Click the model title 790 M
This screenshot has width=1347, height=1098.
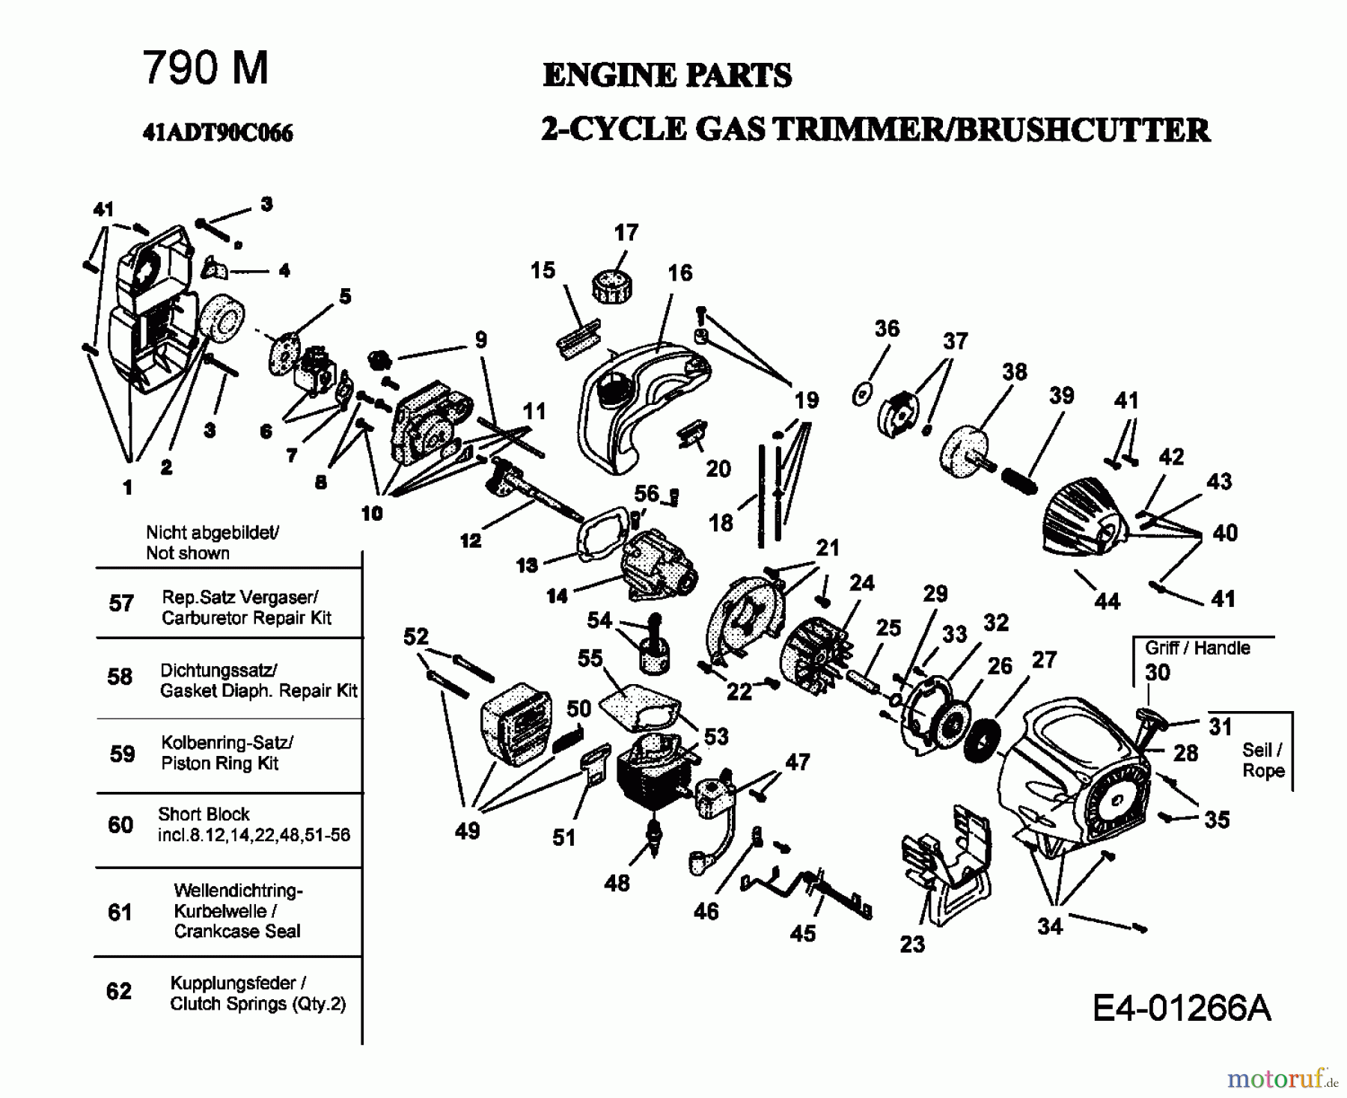(x=205, y=68)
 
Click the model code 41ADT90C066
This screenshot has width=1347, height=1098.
(x=218, y=133)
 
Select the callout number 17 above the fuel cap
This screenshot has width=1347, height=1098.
(x=626, y=233)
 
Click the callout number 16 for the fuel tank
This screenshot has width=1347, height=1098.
(x=679, y=273)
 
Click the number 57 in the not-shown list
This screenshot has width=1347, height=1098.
(x=120, y=603)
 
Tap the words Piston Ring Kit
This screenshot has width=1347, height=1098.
(x=219, y=763)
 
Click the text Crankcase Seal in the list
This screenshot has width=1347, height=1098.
(x=236, y=931)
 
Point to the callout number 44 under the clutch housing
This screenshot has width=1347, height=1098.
(x=1107, y=600)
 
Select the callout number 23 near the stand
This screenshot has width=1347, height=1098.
(x=912, y=944)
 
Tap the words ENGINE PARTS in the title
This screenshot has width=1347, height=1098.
(x=667, y=75)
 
